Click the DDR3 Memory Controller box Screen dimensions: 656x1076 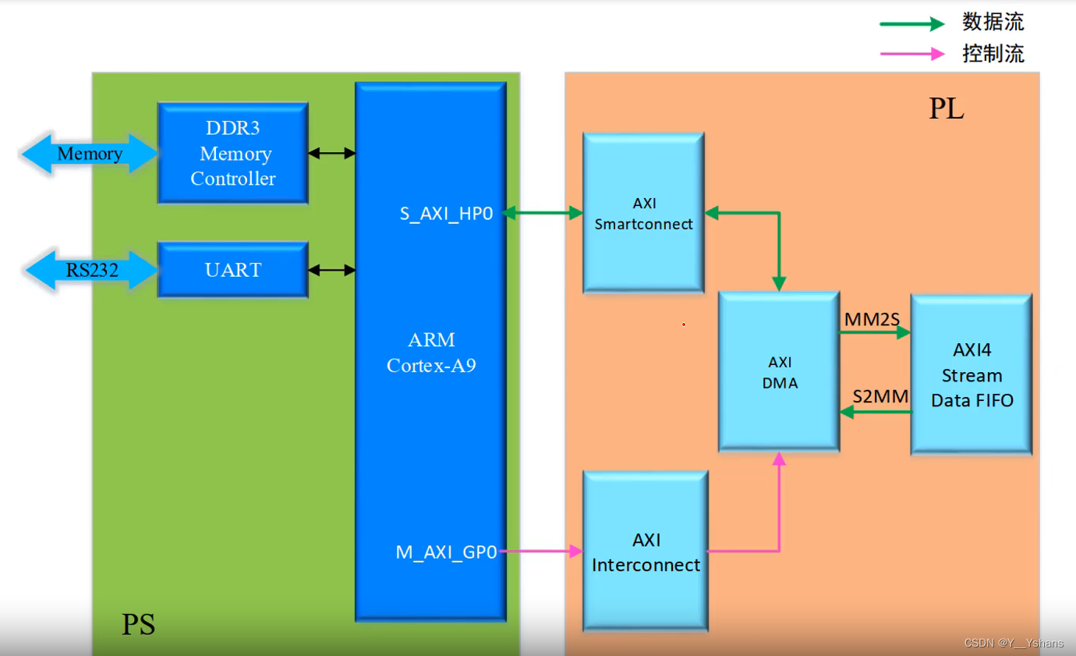click(232, 153)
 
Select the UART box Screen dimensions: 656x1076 click(232, 270)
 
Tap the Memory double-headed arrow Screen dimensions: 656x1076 click(90, 154)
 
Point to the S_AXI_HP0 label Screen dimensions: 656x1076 click(446, 213)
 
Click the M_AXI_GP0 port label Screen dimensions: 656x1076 click(446, 552)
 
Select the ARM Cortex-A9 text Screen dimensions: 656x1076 click(431, 353)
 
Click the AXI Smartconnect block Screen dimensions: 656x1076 click(643, 213)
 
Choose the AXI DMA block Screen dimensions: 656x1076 click(779, 372)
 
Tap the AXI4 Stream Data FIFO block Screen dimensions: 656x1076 click(971, 374)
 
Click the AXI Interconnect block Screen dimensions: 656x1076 click(646, 551)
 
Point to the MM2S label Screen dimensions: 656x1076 click(872, 319)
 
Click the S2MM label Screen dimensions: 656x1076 click(880, 396)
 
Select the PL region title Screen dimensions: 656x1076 click(946, 109)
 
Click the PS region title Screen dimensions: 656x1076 click(138, 625)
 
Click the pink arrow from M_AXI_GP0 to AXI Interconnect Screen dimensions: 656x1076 click(541, 551)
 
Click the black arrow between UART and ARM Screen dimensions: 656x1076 click(331, 271)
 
